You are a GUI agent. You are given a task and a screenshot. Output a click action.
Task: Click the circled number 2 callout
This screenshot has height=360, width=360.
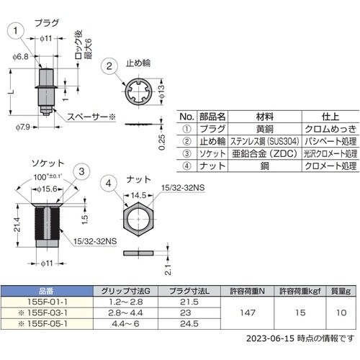[x=110, y=66]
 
